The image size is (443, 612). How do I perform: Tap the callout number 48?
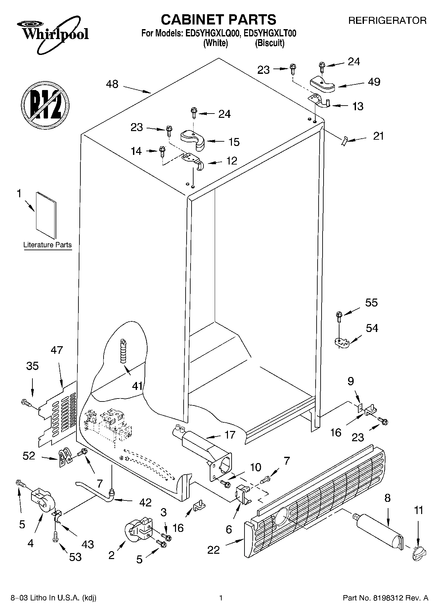pyautogui.click(x=112, y=84)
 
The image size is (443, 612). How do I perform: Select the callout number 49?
pyautogui.click(x=374, y=82)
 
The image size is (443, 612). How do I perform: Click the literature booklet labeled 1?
pyautogui.click(x=46, y=215)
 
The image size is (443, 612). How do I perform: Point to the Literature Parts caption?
pyautogui.click(x=48, y=245)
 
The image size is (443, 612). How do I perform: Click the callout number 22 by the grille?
pyautogui.click(x=213, y=550)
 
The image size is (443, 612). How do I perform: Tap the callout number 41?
pyautogui.click(x=137, y=386)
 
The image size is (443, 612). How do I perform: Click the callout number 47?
pyautogui.click(x=57, y=350)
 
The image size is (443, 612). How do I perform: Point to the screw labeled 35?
pyautogui.click(x=25, y=403)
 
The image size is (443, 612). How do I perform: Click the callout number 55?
pyautogui.click(x=371, y=303)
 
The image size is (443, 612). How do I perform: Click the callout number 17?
pyautogui.click(x=230, y=435)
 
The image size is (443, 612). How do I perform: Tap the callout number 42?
pyautogui.click(x=145, y=502)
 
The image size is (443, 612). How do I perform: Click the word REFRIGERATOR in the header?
pyautogui.click(x=387, y=21)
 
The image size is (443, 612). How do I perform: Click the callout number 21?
pyautogui.click(x=378, y=136)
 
